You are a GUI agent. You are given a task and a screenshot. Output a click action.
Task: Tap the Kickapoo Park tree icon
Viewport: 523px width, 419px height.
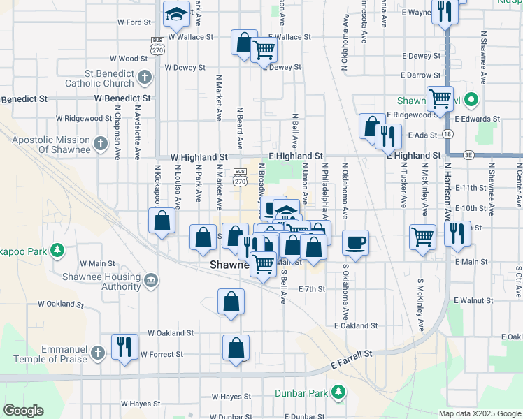pyautogui.click(x=58, y=250)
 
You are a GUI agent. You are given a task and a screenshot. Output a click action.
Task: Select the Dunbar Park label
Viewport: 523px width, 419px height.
pyautogui.click(x=301, y=393)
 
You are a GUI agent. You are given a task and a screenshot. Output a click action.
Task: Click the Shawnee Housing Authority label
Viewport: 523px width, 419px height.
pyautogui.click(x=110, y=281)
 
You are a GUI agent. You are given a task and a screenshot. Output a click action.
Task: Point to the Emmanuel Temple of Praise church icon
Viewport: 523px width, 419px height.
pyautogui.click(x=99, y=353)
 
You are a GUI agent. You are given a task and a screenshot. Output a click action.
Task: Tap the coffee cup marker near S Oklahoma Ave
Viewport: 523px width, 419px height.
pyautogui.click(x=355, y=242)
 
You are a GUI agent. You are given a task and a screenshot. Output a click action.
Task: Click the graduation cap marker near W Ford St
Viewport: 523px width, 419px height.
pyautogui.click(x=176, y=13)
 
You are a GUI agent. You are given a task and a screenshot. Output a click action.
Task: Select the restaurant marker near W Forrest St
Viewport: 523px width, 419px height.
pyautogui.click(x=124, y=346)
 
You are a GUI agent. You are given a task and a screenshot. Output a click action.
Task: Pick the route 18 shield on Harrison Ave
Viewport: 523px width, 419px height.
pyautogui.click(x=447, y=133)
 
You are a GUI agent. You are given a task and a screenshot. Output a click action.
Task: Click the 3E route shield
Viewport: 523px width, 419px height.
pyautogui.click(x=468, y=154)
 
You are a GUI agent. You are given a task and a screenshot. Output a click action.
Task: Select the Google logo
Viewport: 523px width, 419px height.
pyautogui.click(x=24, y=411)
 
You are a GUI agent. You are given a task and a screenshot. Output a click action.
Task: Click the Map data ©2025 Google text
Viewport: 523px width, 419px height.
pyautogui.click(x=479, y=413)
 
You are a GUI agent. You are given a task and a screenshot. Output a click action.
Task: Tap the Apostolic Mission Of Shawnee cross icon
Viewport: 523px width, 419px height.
pyautogui.click(x=101, y=144)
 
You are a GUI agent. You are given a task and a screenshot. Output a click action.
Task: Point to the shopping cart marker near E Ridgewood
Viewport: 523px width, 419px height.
pyautogui.click(x=440, y=99)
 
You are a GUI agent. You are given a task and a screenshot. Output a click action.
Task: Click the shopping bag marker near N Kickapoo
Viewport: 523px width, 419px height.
pyautogui.click(x=162, y=221)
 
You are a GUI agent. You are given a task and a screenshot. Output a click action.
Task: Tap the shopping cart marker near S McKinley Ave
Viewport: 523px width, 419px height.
pyautogui.click(x=422, y=237)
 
